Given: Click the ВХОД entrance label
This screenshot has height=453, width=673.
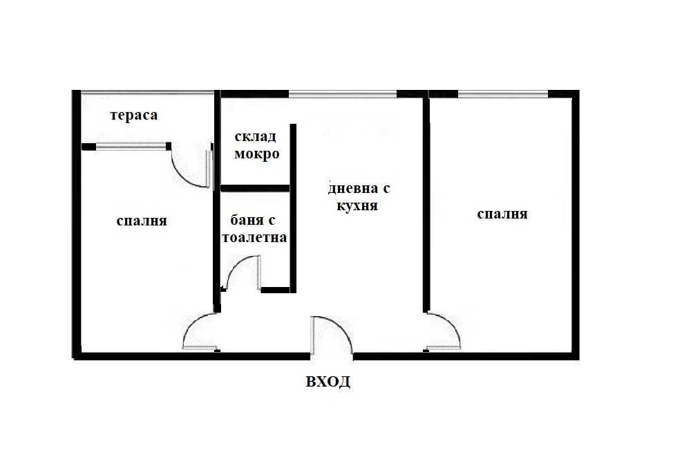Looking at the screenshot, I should [x=328, y=381].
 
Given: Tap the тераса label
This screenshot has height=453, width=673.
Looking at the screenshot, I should [x=134, y=115].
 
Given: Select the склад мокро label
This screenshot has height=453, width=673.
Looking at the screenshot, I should [x=257, y=145].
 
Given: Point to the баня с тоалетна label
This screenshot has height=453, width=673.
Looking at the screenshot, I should [x=254, y=229].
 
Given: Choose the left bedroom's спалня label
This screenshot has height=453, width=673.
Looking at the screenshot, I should [x=142, y=221].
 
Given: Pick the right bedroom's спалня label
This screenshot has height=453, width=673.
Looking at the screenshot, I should [x=502, y=214].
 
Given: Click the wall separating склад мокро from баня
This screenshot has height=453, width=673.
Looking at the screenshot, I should [x=254, y=188].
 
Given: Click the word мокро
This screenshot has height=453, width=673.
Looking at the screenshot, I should [x=257, y=154].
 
